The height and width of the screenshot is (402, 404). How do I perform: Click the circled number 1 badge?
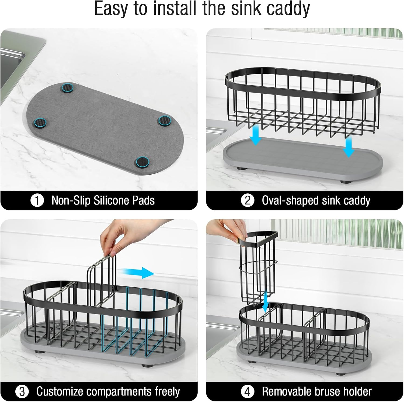[x=37, y=200]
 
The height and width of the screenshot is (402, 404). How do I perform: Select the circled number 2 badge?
[x=248, y=200]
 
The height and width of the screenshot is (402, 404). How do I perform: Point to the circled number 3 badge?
[x=22, y=391]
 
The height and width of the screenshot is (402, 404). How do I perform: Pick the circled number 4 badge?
[x=247, y=391]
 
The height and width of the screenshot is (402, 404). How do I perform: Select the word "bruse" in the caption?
[x=326, y=391]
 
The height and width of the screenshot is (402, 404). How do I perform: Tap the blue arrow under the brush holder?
[x=266, y=301]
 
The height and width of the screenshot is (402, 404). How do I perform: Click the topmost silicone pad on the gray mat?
[x=68, y=88]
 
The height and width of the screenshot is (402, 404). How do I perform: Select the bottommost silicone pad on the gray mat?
[x=142, y=162]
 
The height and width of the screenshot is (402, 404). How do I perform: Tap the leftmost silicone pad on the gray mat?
[x=40, y=123]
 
